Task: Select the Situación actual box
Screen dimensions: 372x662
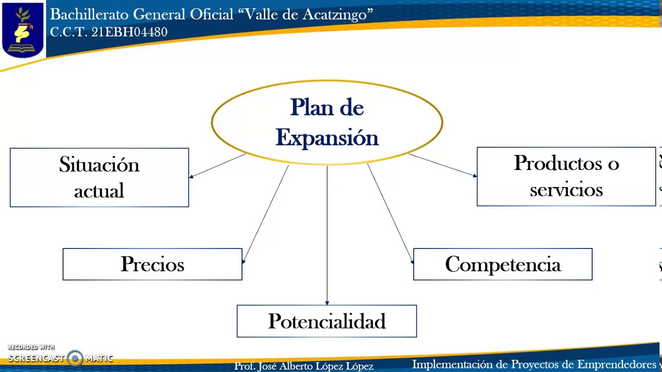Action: (99, 178)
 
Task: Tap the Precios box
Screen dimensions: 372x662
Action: (152, 264)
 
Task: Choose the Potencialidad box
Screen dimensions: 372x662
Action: (326, 321)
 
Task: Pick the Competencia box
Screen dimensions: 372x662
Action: (502, 264)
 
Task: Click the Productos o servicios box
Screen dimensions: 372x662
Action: (566, 177)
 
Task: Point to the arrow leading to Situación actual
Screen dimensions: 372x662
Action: (217, 166)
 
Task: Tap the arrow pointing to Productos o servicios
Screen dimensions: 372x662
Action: (442, 165)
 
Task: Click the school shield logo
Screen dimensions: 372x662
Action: (22, 29)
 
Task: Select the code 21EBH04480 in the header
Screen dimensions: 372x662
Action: (129, 32)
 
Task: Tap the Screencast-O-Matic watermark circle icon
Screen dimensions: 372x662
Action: (75, 358)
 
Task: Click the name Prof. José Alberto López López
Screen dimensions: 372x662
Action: (304, 366)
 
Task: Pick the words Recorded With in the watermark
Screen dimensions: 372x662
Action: (31, 348)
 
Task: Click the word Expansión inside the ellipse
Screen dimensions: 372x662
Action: (327, 138)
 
